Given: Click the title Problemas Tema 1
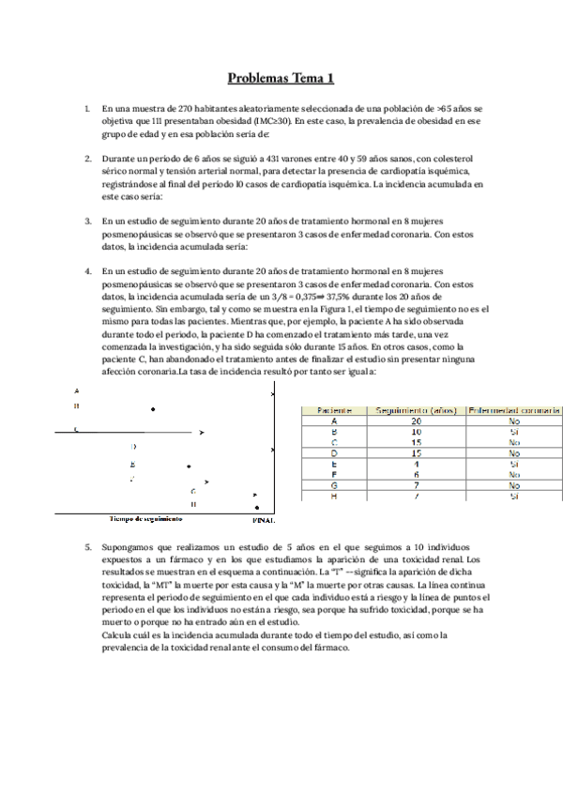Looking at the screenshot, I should pos(281,79).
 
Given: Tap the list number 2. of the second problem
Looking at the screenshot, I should pos(87,159).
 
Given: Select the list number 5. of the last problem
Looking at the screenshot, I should pos(87,546).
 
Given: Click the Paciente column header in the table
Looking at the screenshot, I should pos(335,410).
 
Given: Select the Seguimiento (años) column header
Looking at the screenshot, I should pos(416,410).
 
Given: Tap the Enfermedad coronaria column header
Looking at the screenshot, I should pos(514,410).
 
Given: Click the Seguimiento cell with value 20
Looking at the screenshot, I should pos(416,421).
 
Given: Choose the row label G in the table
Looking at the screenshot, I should pos(335,485).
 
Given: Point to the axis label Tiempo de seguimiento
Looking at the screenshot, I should pos(145,518).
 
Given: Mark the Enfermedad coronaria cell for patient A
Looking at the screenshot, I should pos(514,421).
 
